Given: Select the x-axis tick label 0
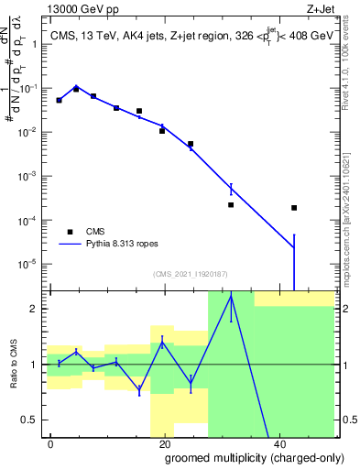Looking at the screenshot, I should coord(49,442).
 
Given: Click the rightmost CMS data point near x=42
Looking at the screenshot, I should coord(294,208).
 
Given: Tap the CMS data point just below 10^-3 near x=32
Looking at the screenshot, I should coord(231,205).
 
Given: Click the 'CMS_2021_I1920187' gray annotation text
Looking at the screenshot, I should coord(190,273).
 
